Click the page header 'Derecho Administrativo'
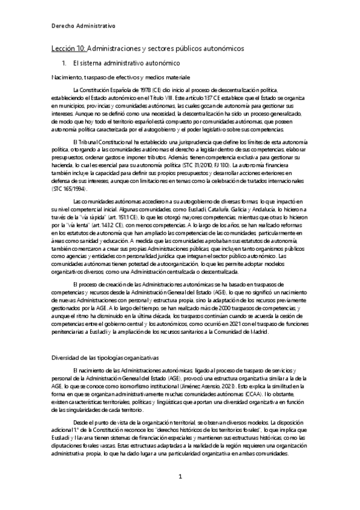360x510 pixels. coord(83,26)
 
